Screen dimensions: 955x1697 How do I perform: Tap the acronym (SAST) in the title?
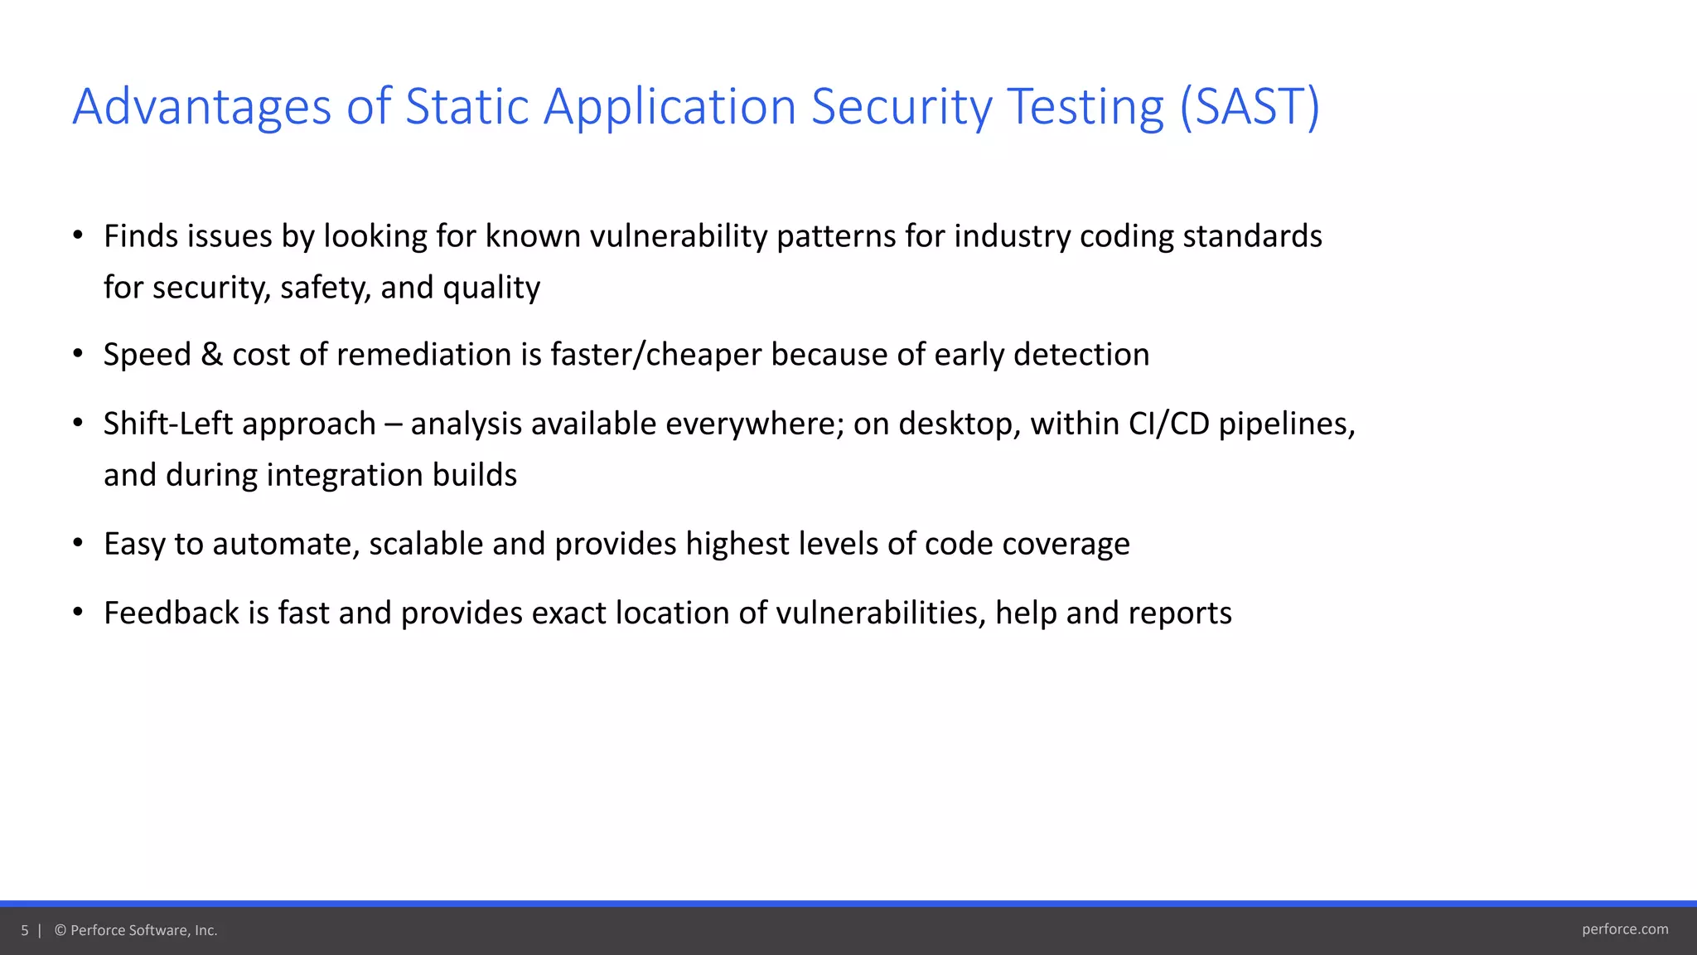pos(1250,108)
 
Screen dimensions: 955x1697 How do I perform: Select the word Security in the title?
pos(902,108)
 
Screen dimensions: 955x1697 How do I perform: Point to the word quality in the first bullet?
pos(491,288)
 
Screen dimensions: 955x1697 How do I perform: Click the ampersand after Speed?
pos(212,355)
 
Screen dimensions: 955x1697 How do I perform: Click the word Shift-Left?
pos(168,424)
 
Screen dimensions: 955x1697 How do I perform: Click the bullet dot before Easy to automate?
pos(78,544)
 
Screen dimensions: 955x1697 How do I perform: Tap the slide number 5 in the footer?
pos(25,931)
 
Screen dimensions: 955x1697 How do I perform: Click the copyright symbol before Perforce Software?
pos(60,931)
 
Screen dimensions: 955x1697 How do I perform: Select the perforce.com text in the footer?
pos(1624,929)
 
